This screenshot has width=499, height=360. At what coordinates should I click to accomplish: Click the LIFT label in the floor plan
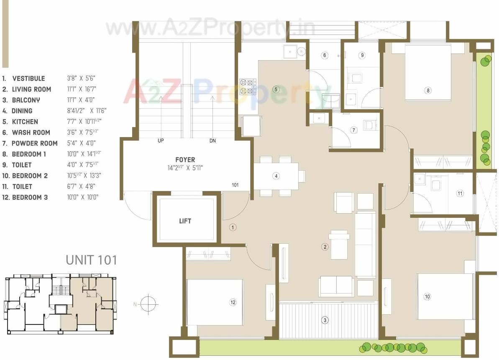(185, 221)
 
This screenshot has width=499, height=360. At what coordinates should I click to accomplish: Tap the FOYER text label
(185, 160)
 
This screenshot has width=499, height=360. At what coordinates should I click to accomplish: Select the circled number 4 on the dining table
(276, 176)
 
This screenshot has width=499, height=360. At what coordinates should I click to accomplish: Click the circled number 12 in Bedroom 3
(233, 302)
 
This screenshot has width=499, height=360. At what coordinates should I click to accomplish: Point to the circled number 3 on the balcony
(325, 321)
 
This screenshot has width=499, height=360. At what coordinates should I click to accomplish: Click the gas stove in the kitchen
(248, 87)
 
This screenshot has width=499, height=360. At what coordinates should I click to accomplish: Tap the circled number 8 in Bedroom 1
(427, 90)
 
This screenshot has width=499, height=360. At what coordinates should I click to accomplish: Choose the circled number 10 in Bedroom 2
(427, 296)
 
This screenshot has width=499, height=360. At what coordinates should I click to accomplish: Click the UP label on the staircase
(161, 141)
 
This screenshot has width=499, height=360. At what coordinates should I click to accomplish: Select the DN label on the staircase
(212, 141)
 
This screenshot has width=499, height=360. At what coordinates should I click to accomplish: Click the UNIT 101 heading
(91, 260)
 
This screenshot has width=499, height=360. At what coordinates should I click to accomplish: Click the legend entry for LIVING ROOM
(31, 89)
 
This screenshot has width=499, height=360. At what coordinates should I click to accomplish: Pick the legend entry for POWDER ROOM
(35, 143)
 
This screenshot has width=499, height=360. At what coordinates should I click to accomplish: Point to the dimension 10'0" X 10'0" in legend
(82, 197)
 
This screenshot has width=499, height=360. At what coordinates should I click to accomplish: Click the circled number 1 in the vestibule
(233, 227)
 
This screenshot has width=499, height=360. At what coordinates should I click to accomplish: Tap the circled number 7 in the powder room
(354, 130)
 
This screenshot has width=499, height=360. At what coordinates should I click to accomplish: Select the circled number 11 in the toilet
(460, 193)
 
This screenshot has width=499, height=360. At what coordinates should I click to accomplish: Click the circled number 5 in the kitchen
(276, 89)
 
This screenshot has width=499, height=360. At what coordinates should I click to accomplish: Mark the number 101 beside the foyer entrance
(235, 185)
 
